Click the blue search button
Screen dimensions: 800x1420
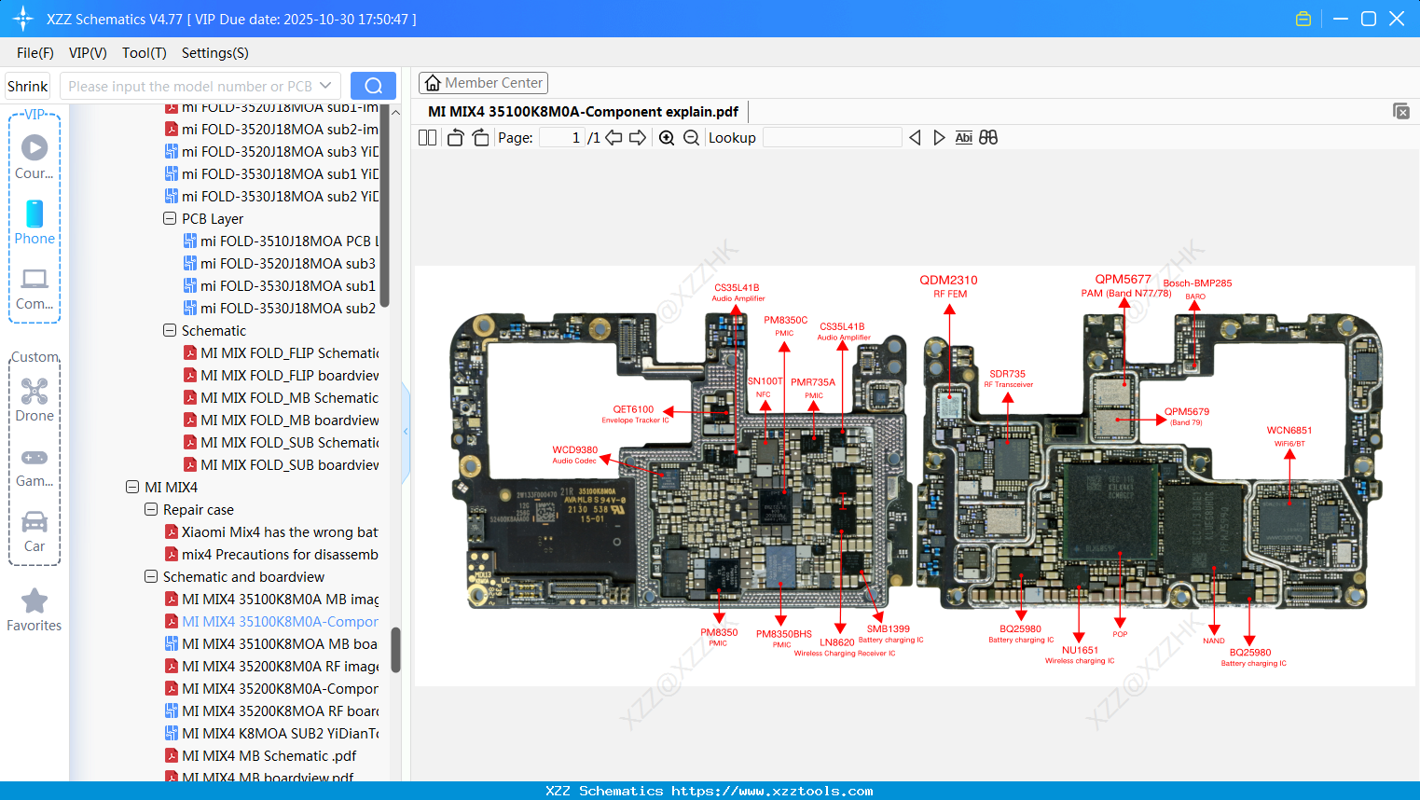373,86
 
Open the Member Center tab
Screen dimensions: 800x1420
483,83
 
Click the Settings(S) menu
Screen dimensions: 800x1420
214,53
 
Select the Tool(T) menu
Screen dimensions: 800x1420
144,53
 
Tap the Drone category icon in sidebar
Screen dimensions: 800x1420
34,392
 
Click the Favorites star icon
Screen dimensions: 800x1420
34,601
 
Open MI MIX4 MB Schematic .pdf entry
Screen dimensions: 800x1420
269,755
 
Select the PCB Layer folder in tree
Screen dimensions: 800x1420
212,218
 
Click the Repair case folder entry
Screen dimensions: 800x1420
198,509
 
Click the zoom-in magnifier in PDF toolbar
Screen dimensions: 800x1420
667,138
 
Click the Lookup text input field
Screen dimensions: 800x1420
832,138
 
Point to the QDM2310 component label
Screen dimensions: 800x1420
948,280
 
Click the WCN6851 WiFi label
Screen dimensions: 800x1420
1289,431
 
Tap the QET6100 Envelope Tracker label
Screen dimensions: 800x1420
633,409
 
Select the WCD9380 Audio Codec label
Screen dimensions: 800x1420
574,450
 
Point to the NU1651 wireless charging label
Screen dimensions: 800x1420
1080,651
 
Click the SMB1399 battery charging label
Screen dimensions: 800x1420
888,629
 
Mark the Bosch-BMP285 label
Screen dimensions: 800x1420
1197,283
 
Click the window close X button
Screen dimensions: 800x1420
1396,19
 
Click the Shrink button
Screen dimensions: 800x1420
28,86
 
